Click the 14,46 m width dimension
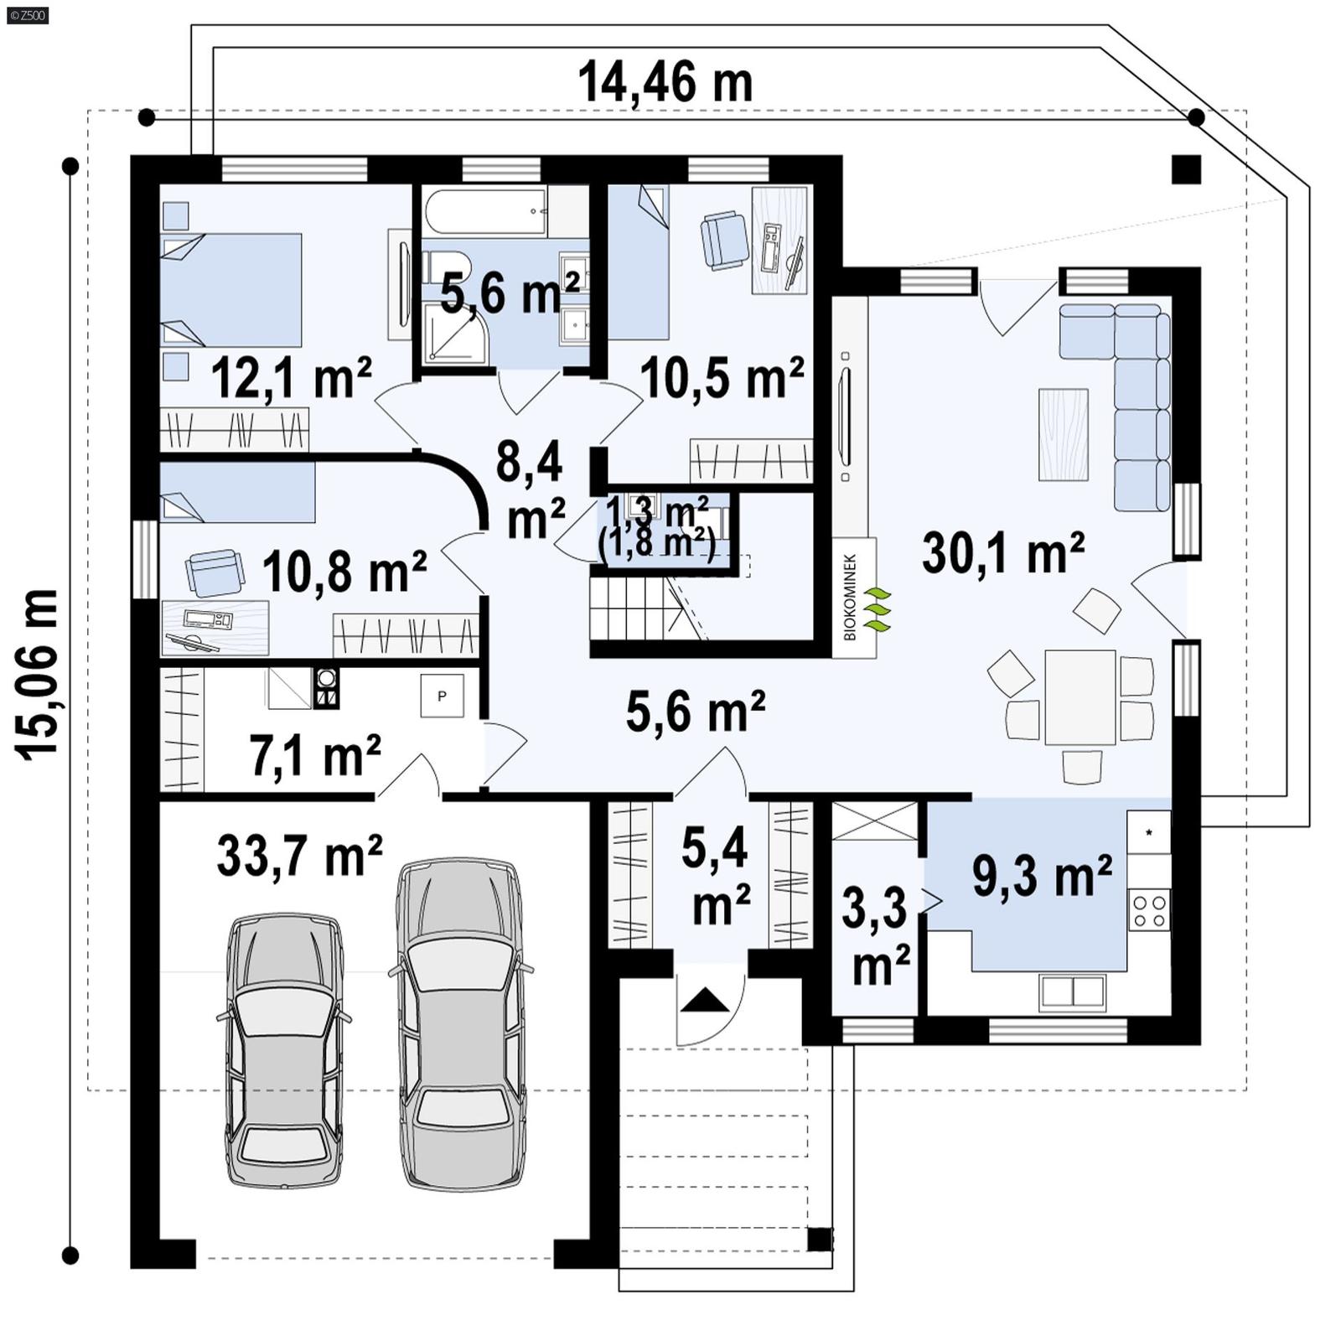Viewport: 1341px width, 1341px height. (665, 83)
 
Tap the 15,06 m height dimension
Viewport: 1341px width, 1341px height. (37, 675)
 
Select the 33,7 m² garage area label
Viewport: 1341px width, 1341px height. (299, 856)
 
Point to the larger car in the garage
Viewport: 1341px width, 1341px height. (460, 1023)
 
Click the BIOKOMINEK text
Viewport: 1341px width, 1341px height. (850, 597)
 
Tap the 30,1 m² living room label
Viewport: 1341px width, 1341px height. (1002, 553)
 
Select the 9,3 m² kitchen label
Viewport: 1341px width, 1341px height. (1042, 876)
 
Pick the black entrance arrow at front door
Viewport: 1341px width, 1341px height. (705, 1001)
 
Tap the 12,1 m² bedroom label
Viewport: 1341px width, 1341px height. (291, 378)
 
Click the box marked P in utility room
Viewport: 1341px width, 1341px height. (442, 696)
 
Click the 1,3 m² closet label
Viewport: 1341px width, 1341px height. (657, 508)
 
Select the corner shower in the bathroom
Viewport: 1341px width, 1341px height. (450, 333)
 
